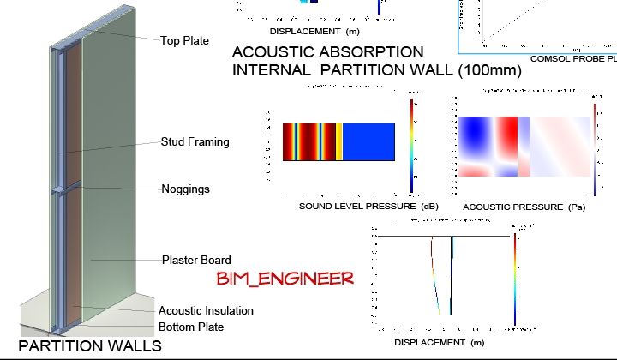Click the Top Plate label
tap(184, 40)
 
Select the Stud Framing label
tap(195, 142)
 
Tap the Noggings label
tap(185, 189)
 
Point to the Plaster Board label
tap(196, 260)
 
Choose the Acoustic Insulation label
tap(206, 310)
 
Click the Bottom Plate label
tap(191, 327)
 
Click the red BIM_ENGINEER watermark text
tap(285, 278)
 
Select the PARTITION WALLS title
tap(90, 346)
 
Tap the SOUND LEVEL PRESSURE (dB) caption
tap(356, 207)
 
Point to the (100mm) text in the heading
tap(489, 70)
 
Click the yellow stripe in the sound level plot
tap(339, 141)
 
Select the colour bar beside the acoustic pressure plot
tap(596, 149)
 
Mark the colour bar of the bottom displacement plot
tap(515, 279)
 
